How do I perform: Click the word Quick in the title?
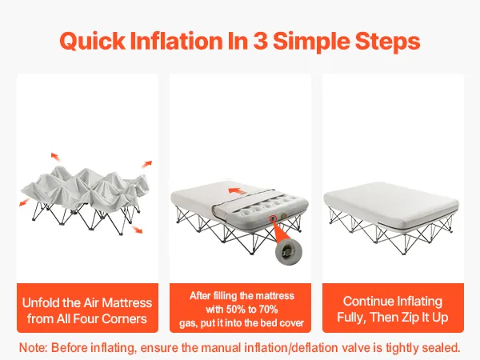click(93, 42)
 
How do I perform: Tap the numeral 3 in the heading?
click(260, 41)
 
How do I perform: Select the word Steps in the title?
click(387, 42)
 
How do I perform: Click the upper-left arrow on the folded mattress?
click(55, 157)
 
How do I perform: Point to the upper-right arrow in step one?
click(146, 164)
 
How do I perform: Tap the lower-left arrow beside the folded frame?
click(24, 202)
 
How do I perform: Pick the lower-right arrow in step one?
click(137, 230)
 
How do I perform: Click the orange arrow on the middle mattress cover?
click(237, 191)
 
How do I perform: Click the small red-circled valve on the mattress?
click(273, 218)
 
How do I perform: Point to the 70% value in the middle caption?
click(268, 310)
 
